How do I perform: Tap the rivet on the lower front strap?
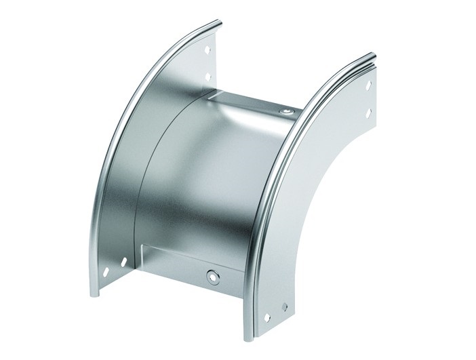[214, 276]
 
